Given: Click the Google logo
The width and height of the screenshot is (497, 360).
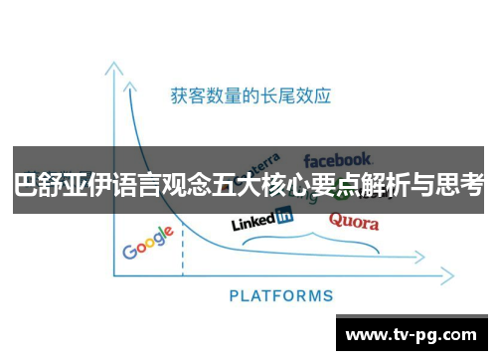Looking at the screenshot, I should [x=148, y=243].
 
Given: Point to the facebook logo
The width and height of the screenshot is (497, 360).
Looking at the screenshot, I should [x=338, y=159].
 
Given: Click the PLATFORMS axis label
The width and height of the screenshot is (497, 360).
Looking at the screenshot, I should [x=281, y=295].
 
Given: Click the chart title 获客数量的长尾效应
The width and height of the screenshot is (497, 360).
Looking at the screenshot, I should [x=250, y=96].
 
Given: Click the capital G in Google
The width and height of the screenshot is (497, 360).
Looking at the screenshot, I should [x=129, y=251].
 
